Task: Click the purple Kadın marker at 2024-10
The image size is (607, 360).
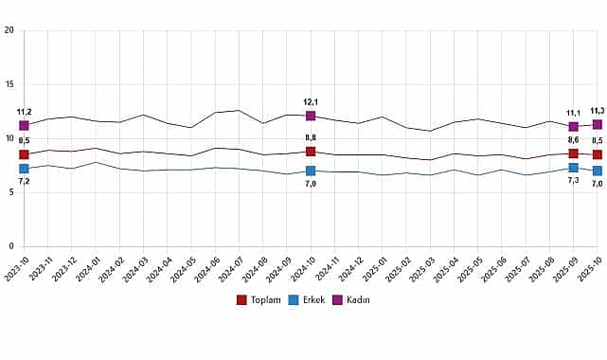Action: click(311, 116)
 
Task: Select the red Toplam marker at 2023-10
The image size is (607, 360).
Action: click(24, 154)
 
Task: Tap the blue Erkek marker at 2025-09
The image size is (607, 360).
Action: click(573, 168)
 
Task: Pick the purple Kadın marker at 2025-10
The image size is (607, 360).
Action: click(597, 124)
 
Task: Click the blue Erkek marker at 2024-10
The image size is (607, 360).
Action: click(311, 171)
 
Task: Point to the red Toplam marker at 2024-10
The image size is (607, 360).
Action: click(311, 152)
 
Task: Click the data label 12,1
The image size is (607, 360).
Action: click(311, 102)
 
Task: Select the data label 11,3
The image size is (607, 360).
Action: click(597, 111)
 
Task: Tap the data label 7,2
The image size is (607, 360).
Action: click(24, 180)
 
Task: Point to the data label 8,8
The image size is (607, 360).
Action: click(311, 138)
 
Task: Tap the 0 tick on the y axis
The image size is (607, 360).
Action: click(10, 246)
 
